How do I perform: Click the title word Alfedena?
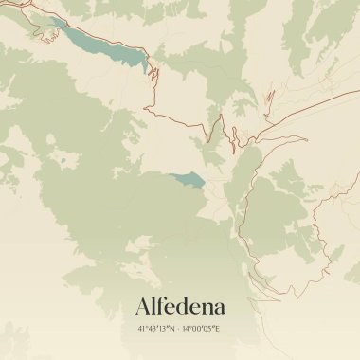(180, 306)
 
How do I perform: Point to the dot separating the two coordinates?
(180, 329)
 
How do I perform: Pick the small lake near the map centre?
(187, 179)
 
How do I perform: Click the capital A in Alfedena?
(144, 306)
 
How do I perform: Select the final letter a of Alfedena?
(219, 308)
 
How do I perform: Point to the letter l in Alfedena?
(156, 305)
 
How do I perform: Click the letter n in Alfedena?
(207, 308)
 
